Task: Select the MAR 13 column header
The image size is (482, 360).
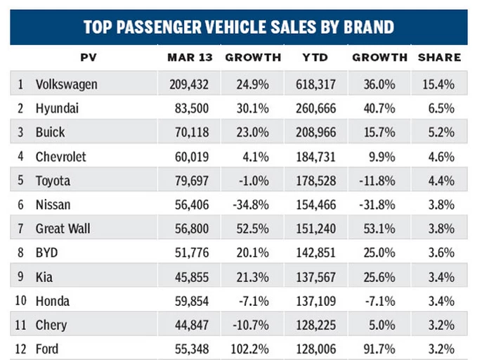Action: pos(185,57)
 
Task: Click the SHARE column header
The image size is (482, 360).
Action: pos(440,57)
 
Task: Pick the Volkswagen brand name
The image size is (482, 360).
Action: pos(67,84)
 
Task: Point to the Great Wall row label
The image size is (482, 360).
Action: pos(63,229)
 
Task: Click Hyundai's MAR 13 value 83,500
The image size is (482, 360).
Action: pos(186,108)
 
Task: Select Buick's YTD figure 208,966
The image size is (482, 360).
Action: pos(315,132)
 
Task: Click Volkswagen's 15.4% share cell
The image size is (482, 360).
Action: pos(439,84)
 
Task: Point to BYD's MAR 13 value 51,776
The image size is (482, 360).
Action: pos(186,253)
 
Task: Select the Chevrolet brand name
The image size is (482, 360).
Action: pos(61,156)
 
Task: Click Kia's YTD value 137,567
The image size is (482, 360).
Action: pos(315,277)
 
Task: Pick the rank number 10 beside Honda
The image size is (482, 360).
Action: pos(22,301)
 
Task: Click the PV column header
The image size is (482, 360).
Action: pos(89,57)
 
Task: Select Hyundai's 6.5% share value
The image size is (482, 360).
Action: pos(442,108)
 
